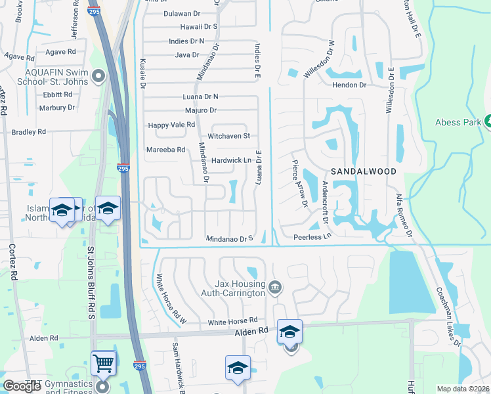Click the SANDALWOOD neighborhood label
click(363, 171)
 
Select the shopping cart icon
click(104, 362)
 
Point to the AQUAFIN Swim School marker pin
click(99, 77)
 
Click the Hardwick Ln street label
click(232, 160)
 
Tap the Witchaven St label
click(229, 136)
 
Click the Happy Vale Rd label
click(171, 125)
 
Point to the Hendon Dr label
click(349, 85)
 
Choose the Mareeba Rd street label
click(166, 150)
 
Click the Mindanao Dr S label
click(230, 239)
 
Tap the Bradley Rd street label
click(29, 132)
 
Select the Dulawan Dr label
click(182, 13)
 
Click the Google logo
click(22, 386)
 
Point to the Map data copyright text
click(462, 389)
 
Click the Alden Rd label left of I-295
click(44, 338)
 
